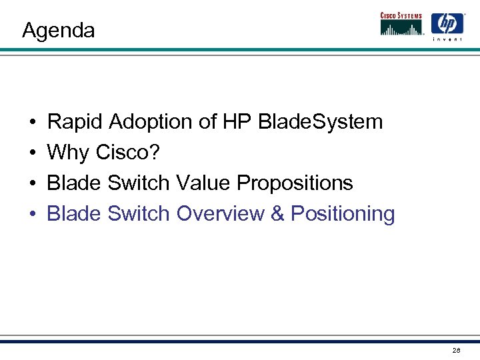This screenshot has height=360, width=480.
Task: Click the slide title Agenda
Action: tap(59, 31)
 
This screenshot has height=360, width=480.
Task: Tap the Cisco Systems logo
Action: tap(402, 24)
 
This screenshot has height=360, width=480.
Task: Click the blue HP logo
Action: tap(447, 23)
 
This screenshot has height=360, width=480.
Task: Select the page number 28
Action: tap(456, 350)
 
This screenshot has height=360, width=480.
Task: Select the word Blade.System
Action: tap(320, 122)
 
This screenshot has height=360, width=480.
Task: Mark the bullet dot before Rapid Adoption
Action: tap(33, 123)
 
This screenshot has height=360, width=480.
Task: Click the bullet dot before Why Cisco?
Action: tap(33, 153)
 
